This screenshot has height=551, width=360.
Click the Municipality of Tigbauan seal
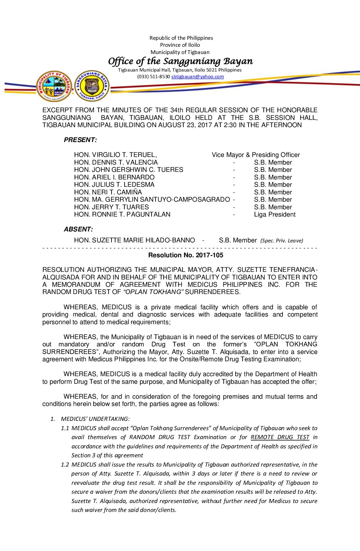coord(54,86)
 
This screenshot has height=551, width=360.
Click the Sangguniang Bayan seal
coord(92,86)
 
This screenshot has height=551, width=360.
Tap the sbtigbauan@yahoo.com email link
coord(197,76)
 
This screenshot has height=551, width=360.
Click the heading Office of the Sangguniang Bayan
coord(180,61)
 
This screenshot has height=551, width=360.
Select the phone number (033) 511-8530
coord(154,76)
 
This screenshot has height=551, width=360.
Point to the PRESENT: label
coord(80,140)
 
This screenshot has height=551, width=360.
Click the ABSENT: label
coord(78,229)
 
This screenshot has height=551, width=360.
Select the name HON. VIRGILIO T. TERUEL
coord(115,155)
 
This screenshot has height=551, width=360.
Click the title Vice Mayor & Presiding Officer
coord(256,155)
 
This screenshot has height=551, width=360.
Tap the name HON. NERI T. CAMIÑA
coord(108,192)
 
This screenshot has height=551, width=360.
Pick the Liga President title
coord(275,214)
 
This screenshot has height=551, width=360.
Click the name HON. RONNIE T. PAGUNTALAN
coord(122,214)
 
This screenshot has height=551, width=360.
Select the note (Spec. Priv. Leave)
coord(282,241)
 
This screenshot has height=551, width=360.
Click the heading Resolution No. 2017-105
coord(186,255)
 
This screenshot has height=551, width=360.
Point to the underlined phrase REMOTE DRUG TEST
coord(280,437)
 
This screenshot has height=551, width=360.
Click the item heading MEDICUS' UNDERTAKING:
coord(95,419)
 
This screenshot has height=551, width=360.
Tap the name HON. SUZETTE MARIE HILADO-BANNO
coord(134,240)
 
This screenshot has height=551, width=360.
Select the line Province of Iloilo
coord(180,45)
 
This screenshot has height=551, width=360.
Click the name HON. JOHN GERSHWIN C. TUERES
coord(128,170)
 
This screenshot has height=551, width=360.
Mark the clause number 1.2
coord(65,465)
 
